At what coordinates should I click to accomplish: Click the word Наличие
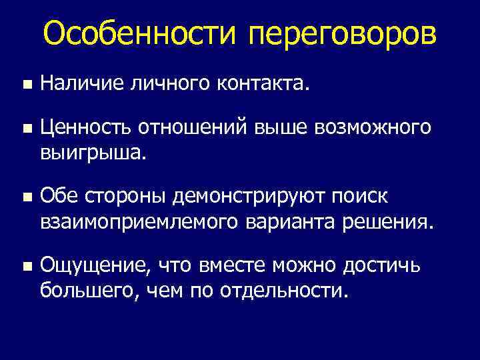tap(79, 84)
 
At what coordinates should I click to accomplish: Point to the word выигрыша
tap(91, 153)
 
